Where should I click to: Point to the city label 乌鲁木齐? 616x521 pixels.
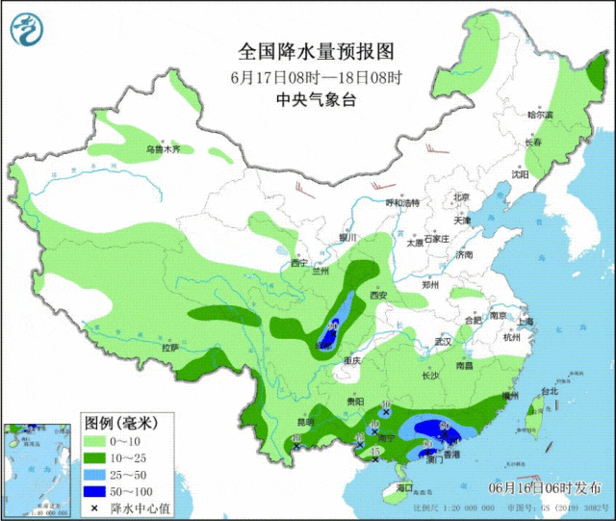pyautogui.click(x=163, y=149)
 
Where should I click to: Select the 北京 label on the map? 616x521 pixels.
pyautogui.click(x=461, y=197)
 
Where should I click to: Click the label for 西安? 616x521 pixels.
pyautogui.click(x=375, y=296)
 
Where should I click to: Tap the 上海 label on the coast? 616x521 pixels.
pyautogui.click(x=526, y=321)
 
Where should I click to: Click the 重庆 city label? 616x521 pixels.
pyautogui.click(x=352, y=360)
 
